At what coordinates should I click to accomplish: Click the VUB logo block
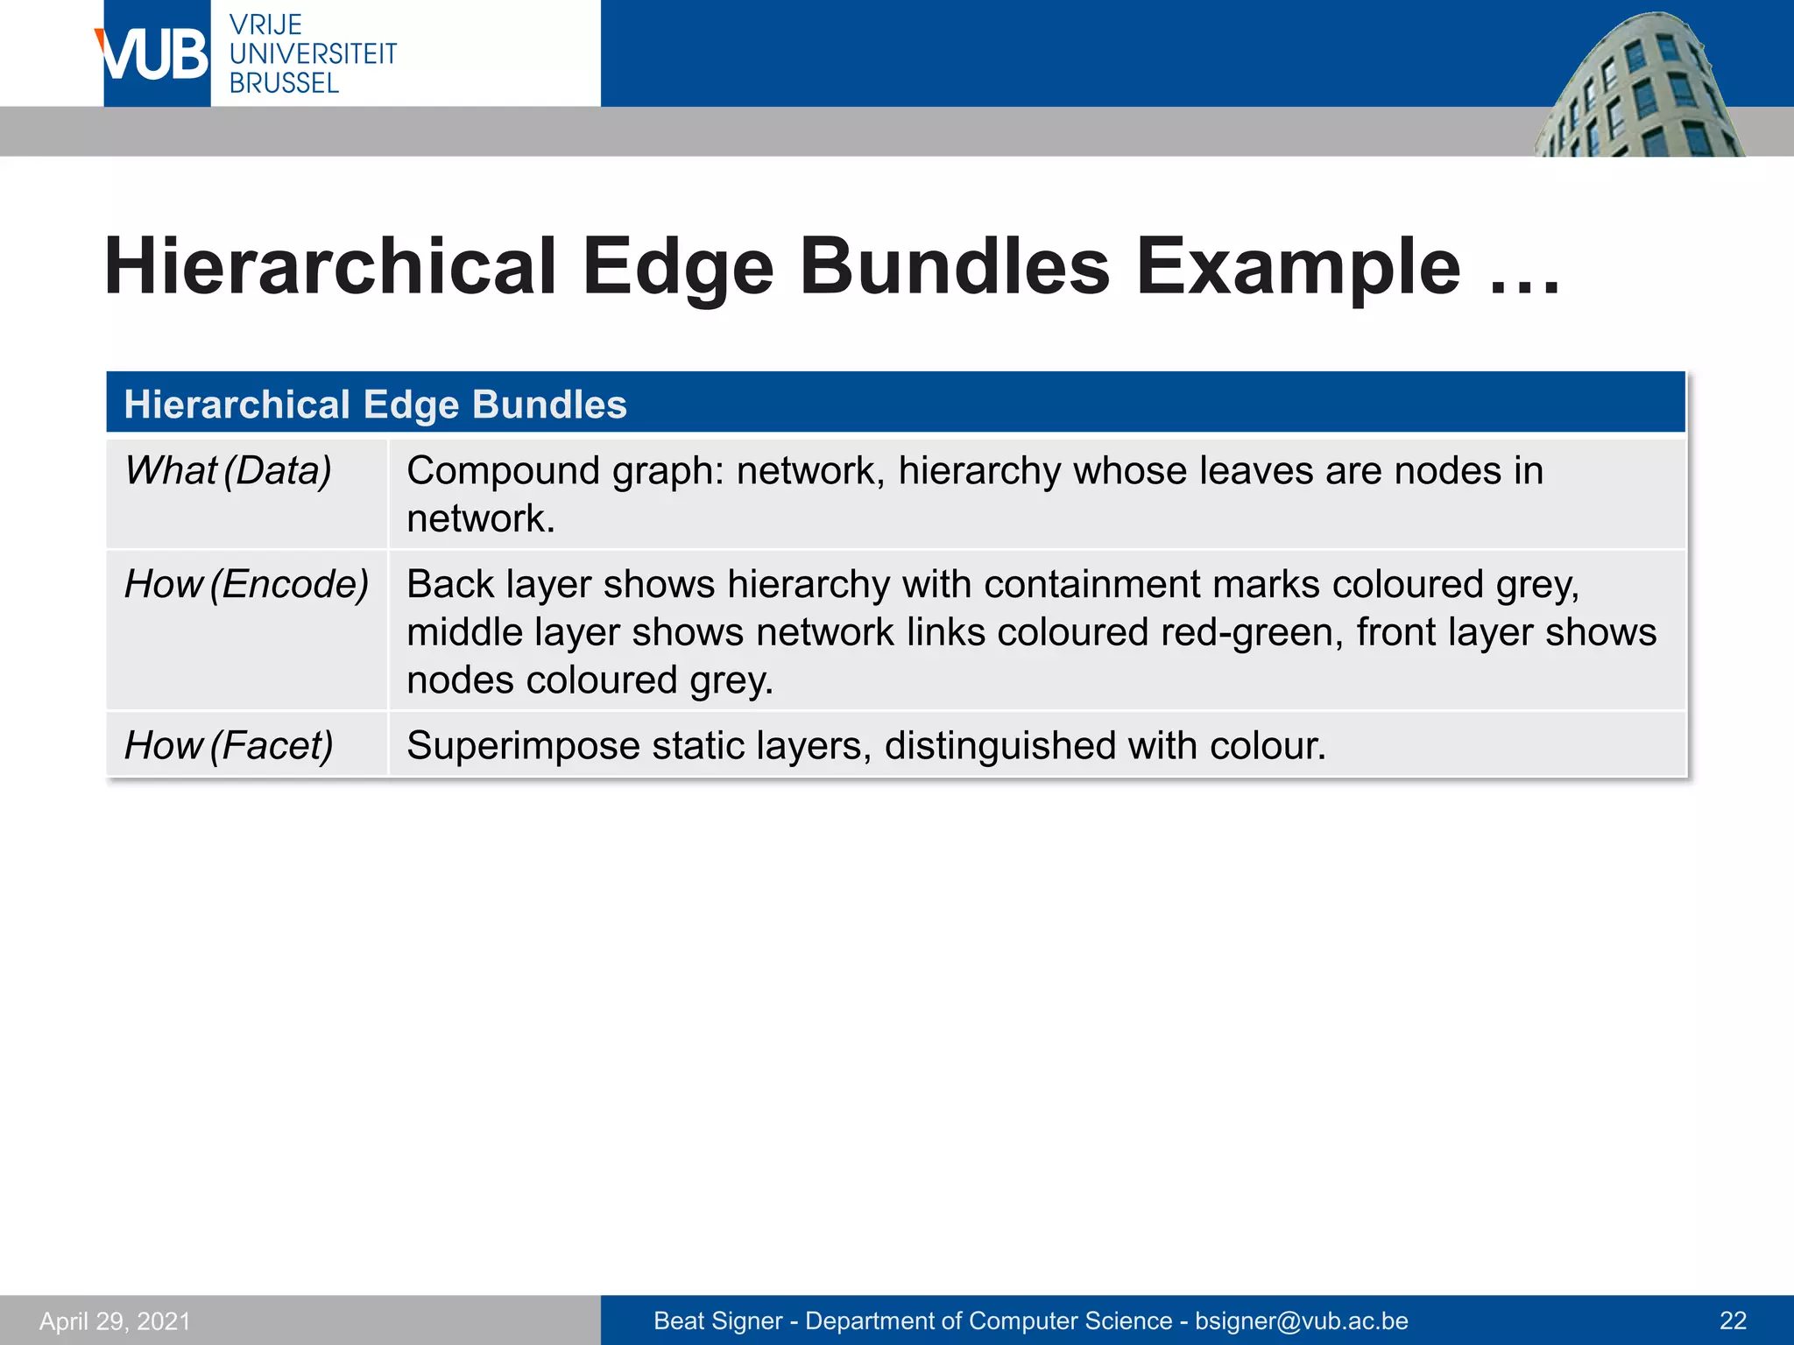156,54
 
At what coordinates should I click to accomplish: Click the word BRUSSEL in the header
284,84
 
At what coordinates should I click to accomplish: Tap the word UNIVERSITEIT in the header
313,54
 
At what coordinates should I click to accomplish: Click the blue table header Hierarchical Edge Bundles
375,405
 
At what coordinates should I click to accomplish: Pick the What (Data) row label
228,471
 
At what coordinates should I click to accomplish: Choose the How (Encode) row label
246,585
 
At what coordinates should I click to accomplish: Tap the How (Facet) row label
229,746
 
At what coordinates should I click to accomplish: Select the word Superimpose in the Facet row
523,746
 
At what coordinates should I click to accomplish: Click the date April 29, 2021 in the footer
115,1320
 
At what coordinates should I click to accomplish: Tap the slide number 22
1733,1320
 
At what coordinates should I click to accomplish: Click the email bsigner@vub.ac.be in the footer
1302,1320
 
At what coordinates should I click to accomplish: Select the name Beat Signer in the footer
717,1320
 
